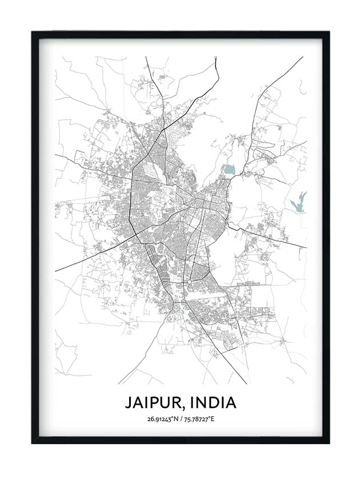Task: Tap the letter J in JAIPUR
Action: (129, 402)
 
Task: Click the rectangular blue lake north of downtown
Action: (229, 170)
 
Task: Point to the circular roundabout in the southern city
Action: (189, 283)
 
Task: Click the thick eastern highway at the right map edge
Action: (305, 247)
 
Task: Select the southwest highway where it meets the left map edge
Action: (56, 270)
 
